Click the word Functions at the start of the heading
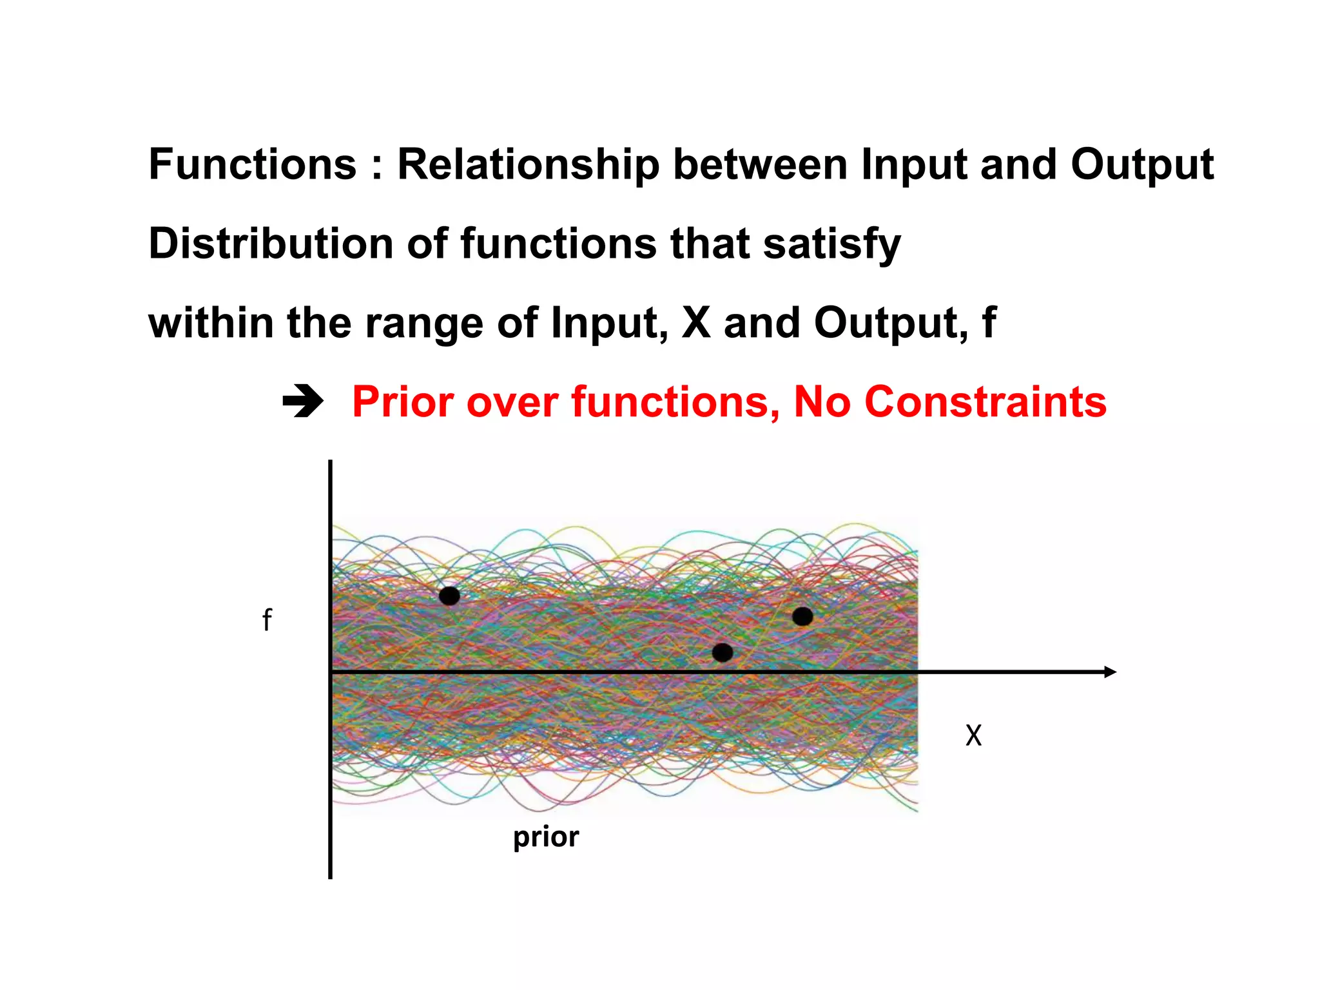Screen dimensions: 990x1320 pyautogui.click(x=252, y=164)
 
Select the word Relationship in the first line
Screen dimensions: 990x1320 pyautogui.click(x=529, y=164)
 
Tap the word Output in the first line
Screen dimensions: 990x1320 pyautogui.click(x=1142, y=164)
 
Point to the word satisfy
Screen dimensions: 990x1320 pyautogui.click(x=831, y=245)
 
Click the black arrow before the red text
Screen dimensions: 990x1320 pyautogui.click(x=303, y=402)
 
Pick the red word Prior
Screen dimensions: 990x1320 pyautogui.click(x=403, y=402)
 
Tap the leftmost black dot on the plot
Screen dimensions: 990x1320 pyautogui.click(x=449, y=596)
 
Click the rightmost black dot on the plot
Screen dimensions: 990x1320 pyautogui.click(x=802, y=616)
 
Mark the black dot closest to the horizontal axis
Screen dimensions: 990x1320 pyautogui.click(x=723, y=652)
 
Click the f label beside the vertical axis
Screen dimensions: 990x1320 pyautogui.click(x=267, y=620)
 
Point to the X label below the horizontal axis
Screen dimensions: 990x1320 pyautogui.click(x=973, y=735)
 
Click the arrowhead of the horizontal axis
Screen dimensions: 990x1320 pyautogui.click(x=1110, y=672)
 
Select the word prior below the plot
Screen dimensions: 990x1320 pyautogui.click(x=546, y=837)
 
